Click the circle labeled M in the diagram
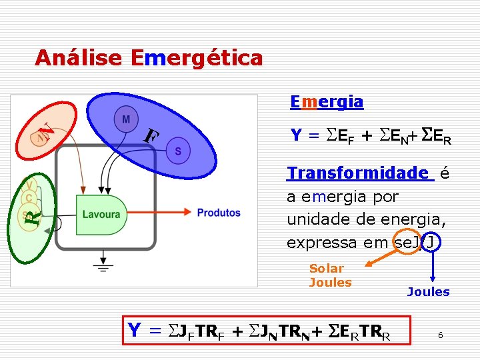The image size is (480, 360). coord(126,119)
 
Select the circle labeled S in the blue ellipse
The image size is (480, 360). coord(178,151)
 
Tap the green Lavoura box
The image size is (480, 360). coord(101,214)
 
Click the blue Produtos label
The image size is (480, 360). coord(219,213)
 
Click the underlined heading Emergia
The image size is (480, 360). coord(327,102)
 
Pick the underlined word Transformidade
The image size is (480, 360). coord(358,173)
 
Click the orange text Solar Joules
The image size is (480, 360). coord(329,275)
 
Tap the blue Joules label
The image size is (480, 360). coord(428,292)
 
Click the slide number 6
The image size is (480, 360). coord(440,335)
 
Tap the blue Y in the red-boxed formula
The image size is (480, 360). coord(134,330)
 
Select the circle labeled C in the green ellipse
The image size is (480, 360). coord(29,198)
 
